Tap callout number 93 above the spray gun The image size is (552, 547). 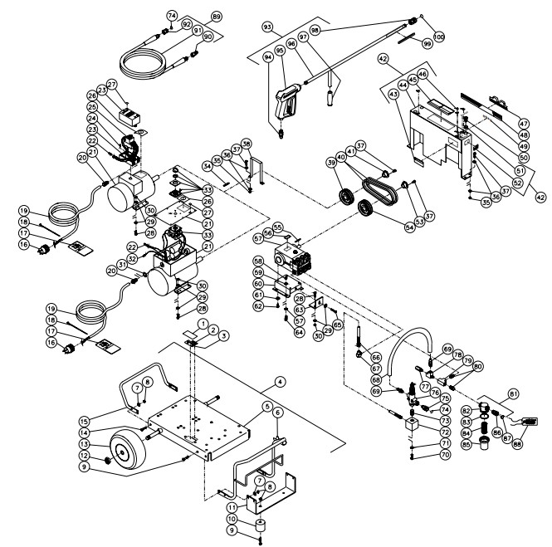(x=267, y=27)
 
